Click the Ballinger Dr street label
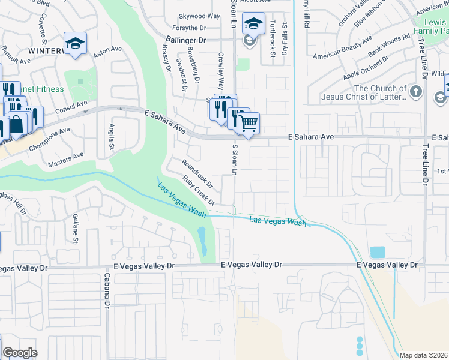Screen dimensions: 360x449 [x=185, y=40]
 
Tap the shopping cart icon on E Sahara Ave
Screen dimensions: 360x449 [x=248, y=124]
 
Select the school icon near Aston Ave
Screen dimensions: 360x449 [x=76, y=44]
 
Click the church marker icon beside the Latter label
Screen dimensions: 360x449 [x=418, y=92]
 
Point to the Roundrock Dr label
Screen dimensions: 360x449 [x=197, y=172]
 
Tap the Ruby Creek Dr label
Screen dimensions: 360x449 [x=199, y=190]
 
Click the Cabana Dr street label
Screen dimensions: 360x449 [x=107, y=290]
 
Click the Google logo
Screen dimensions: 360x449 [x=20, y=353]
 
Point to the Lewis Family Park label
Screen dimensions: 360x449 [x=432, y=25]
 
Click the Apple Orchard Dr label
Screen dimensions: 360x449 [x=366, y=69]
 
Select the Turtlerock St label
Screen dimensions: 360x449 [x=272, y=40]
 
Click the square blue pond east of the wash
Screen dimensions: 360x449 [x=378, y=252]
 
